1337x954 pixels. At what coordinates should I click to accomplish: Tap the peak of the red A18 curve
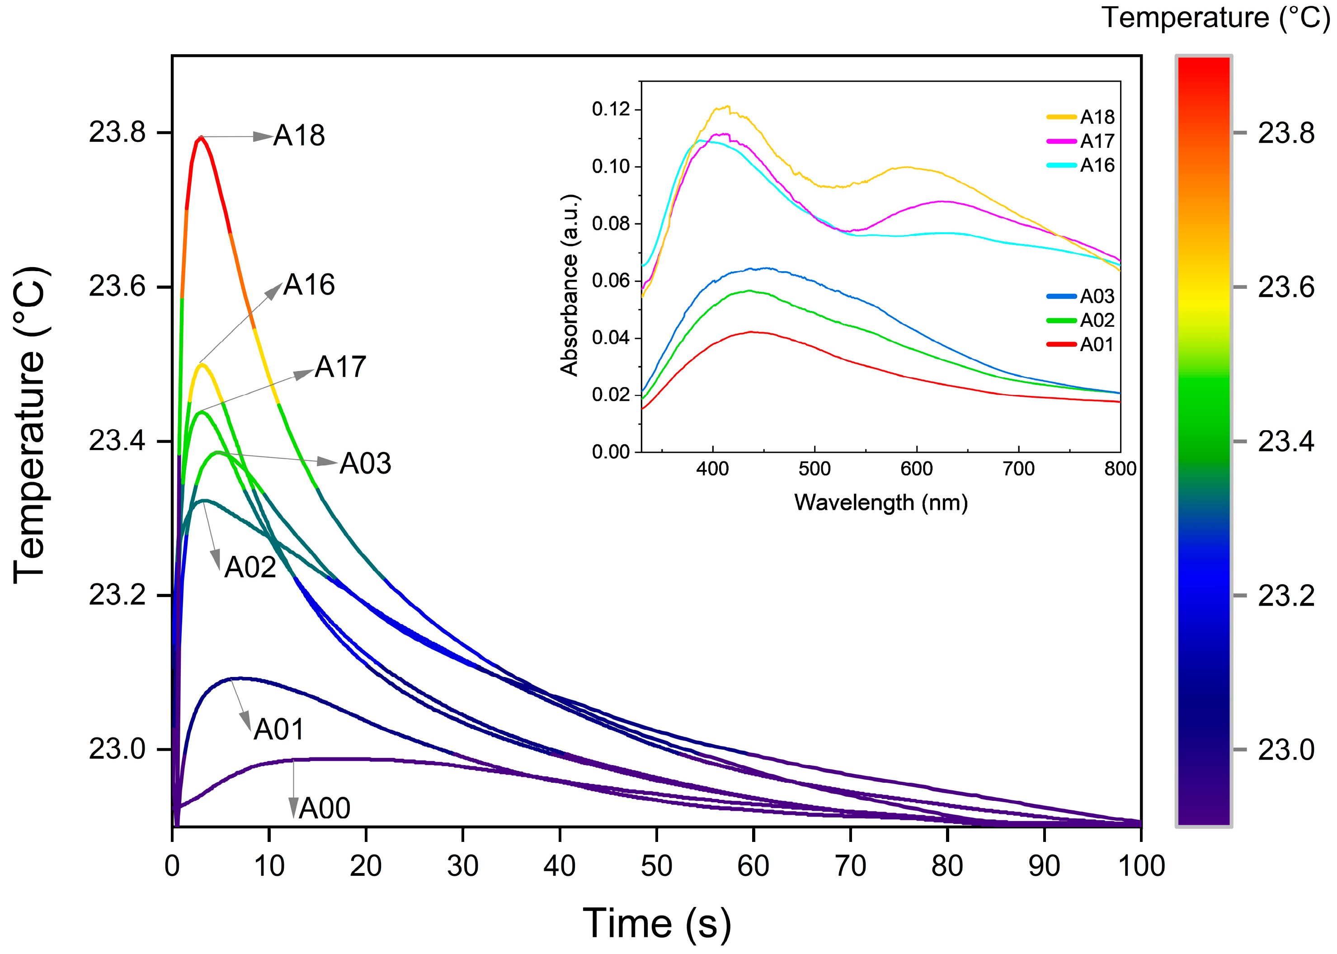point(201,137)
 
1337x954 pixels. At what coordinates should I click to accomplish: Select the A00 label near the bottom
point(324,808)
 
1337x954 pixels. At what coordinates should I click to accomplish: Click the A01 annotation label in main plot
point(279,729)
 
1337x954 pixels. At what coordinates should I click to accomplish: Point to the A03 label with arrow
point(365,464)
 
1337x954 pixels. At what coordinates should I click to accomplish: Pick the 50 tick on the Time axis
point(656,866)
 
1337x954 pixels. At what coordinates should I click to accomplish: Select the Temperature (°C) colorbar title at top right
point(1215,18)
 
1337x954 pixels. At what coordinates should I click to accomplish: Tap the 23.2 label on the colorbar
point(1286,596)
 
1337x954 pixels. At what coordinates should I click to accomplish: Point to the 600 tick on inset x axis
point(916,469)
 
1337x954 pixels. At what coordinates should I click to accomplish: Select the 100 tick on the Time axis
point(1141,866)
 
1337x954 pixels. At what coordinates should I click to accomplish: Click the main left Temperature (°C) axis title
point(29,424)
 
